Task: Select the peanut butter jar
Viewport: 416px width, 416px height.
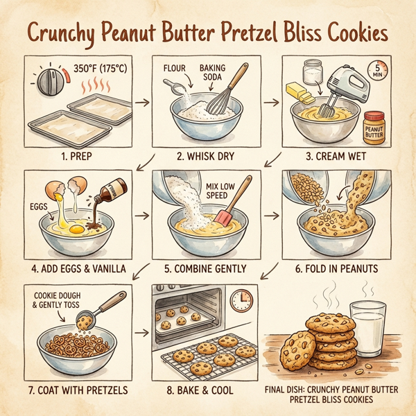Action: coord(374,128)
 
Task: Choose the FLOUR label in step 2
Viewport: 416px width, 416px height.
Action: coord(177,69)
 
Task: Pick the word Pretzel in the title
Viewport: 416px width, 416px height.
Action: coord(247,34)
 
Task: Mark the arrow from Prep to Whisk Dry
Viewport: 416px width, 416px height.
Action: coord(141,102)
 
